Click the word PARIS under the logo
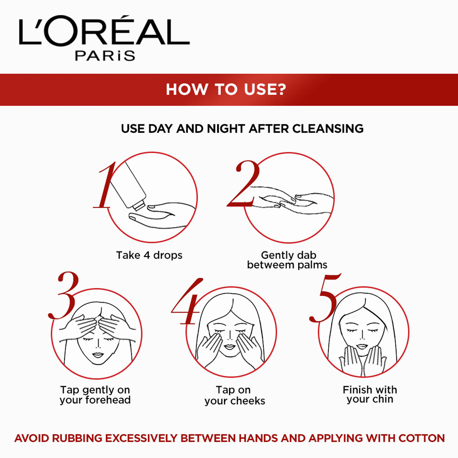[105, 55]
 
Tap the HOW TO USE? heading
[226, 89]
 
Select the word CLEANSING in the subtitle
[328, 129]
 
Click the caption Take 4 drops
[149, 255]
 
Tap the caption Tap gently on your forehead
[95, 395]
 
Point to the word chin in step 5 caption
[383, 400]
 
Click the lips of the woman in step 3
[98, 355]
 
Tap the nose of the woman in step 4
[230, 336]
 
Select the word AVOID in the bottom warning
[32, 438]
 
